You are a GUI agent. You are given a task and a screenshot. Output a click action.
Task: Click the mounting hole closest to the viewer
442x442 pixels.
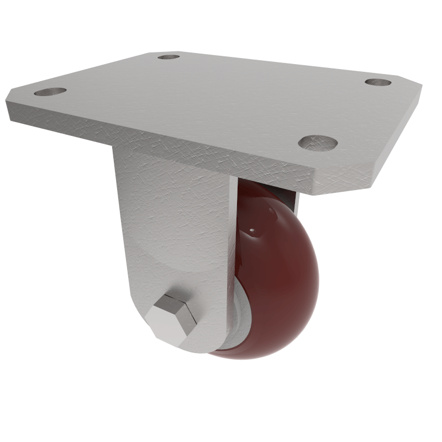[318, 143]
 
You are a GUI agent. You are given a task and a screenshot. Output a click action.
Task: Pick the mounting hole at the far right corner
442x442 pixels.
[378, 82]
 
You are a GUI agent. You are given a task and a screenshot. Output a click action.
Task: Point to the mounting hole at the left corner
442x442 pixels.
[50, 92]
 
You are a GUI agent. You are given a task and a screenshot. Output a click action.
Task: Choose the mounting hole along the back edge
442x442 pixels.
[168, 56]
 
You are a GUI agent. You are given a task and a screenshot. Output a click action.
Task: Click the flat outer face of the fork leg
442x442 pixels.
[171, 232]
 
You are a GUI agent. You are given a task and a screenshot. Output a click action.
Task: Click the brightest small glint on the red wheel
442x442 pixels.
[252, 230]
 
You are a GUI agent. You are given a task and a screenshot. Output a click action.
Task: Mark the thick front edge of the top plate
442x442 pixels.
[166, 146]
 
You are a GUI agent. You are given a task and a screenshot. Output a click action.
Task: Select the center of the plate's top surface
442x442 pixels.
[215, 97]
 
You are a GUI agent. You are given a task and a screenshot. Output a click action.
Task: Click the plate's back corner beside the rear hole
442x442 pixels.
[152, 54]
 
